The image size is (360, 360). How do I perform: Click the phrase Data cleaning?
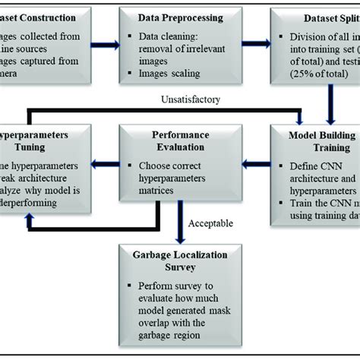(x=170, y=38)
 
